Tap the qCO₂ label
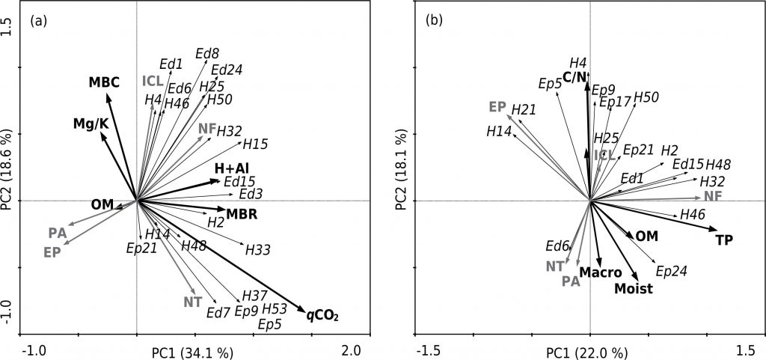click(323, 314)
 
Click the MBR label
click(242, 215)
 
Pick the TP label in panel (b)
click(723, 240)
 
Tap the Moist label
click(634, 288)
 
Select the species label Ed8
click(206, 53)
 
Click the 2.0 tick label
click(352, 350)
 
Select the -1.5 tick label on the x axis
click(428, 350)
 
